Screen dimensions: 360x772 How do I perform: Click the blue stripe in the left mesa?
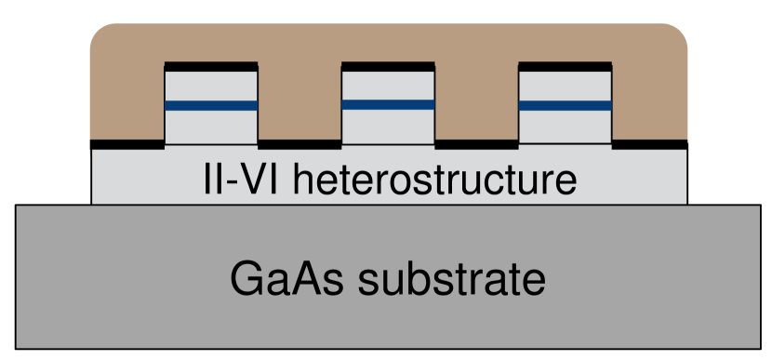click(211, 105)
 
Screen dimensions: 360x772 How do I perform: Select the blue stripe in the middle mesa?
click(388, 104)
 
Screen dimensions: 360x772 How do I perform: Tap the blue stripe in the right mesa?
click(565, 104)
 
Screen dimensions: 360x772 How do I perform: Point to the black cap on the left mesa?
click(211, 66)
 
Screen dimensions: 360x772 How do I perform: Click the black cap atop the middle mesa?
click(388, 66)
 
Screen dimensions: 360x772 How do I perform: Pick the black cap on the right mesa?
click(565, 66)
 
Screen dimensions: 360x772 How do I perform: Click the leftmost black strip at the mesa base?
click(127, 144)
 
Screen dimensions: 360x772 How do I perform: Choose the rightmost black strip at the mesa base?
click(649, 144)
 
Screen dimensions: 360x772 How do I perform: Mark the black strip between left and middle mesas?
click(299, 144)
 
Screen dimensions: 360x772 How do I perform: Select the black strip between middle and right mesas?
click(476, 144)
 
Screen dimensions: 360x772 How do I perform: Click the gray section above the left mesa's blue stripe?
click(211, 86)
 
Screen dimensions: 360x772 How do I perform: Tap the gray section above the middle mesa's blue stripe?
click(388, 86)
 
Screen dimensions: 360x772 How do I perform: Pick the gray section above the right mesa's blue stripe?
click(565, 86)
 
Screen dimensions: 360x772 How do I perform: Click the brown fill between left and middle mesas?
click(299, 102)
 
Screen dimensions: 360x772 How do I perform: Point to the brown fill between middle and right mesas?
click(476, 102)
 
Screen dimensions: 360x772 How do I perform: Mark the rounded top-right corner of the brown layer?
click(677, 34)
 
